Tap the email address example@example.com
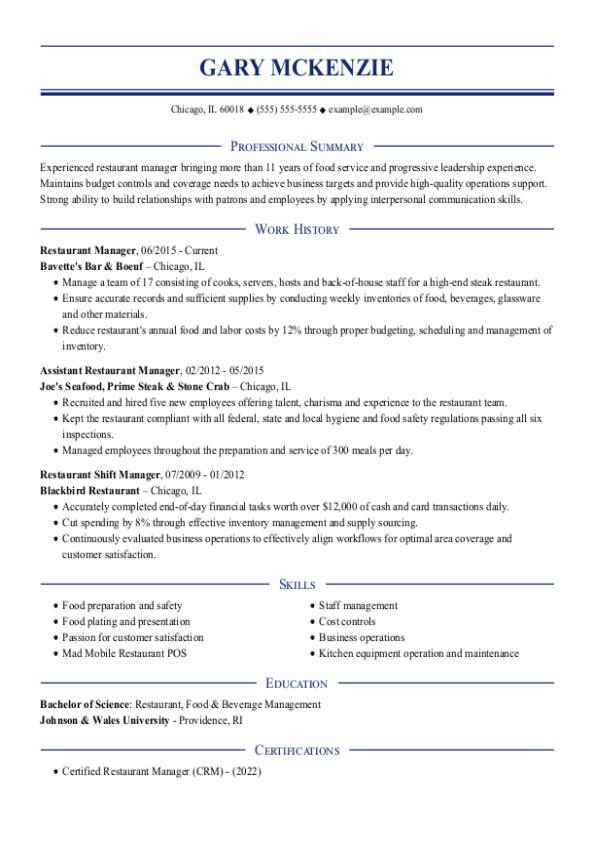[375, 109]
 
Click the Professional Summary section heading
[297, 146]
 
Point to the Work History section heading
[297, 229]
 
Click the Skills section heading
[297, 584]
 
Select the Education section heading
[297, 683]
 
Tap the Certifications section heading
[297, 750]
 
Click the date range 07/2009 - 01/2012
[205, 473]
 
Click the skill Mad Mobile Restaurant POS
[124, 653]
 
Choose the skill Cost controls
[347, 621]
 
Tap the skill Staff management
[358, 605]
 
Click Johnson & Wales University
[104, 719]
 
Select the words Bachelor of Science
[85, 704]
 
